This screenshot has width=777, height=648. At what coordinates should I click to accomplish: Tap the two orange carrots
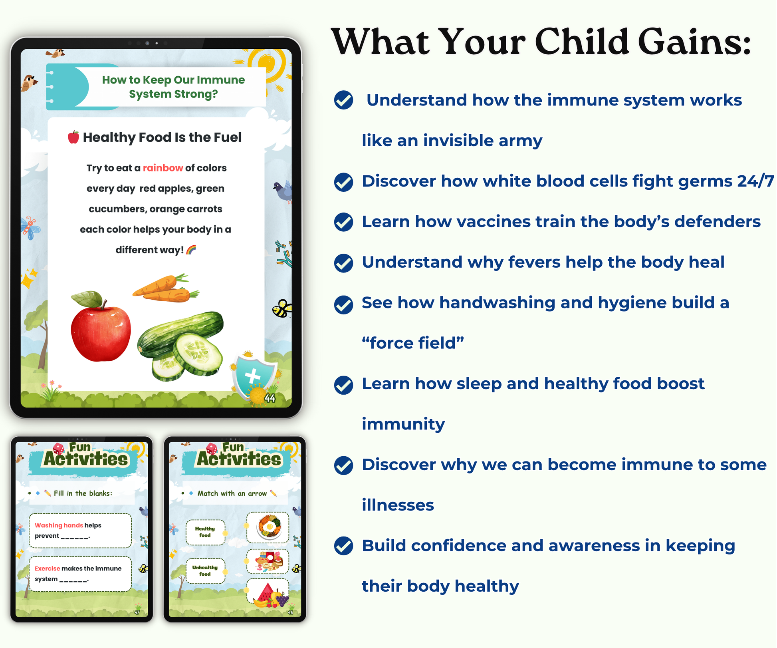[x=166, y=289]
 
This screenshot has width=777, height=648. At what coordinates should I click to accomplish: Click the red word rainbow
[x=163, y=168]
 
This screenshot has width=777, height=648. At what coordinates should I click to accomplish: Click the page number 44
[x=270, y=398]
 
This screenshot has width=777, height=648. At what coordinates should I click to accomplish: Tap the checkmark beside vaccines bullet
[x=343, y=222]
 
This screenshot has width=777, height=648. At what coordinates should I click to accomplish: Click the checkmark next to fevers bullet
[x=343, y=262]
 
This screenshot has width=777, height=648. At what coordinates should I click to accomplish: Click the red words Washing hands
[x=59, y=525]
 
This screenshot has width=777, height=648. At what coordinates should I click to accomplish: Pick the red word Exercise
[x=47, y=568]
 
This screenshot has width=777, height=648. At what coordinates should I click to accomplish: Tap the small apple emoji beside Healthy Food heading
[x=73, y=137]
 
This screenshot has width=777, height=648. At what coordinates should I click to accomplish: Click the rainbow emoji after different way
[x=191, y=250]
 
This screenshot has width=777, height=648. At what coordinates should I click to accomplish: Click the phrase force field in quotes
[x=413, y=343]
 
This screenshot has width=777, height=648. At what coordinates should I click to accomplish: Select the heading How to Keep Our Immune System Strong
[x=173, y=87]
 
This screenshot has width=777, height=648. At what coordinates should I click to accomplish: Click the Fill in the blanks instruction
[x=83, y=493]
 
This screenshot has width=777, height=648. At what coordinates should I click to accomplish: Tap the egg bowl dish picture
[x=268, y=527]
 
